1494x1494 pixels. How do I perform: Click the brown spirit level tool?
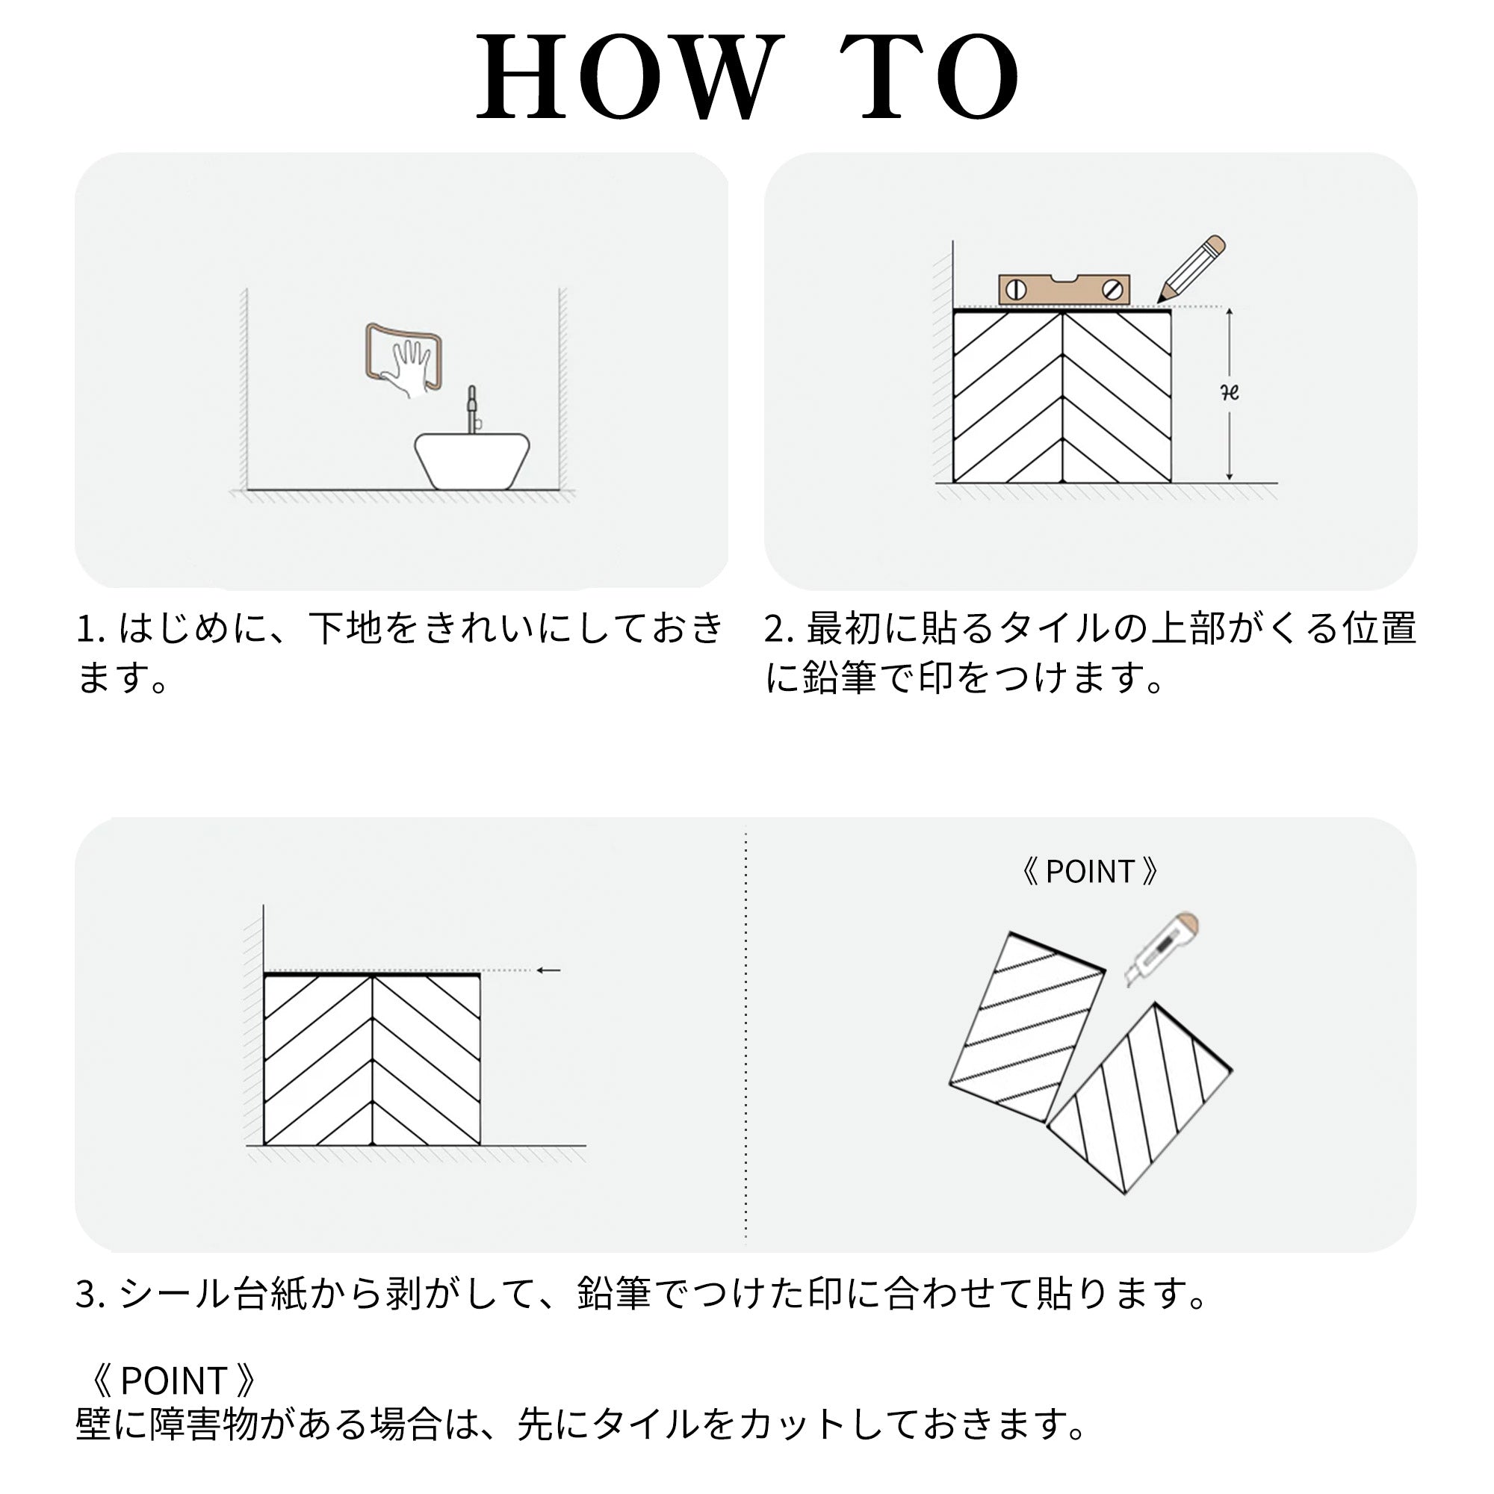[1064, 289]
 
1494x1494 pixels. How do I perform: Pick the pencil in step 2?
[1191, 268]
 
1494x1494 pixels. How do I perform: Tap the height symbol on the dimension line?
[1230, 393]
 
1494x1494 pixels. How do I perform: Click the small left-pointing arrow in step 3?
[548, 970]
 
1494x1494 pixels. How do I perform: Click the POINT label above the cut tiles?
[1089, 872]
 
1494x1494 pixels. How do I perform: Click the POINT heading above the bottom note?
[173, 1380]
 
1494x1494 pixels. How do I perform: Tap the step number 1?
[87, 629]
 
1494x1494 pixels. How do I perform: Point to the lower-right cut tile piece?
[1139, 1099]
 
